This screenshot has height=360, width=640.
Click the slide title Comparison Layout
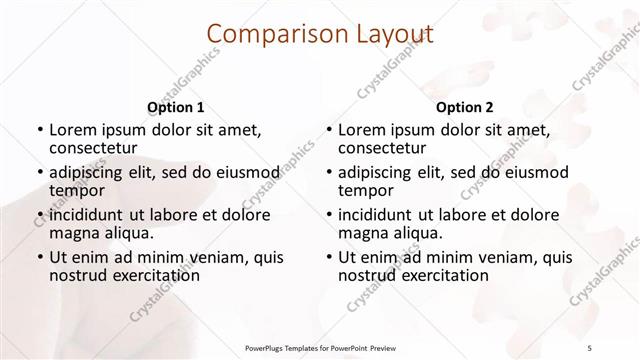tap(320, 35)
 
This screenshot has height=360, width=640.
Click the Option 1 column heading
tap(175, 107)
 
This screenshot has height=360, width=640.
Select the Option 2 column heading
tap(464, 107)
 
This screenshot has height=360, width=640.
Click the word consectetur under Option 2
tap(386, 149)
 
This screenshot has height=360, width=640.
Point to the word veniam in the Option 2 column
tap(495, 257)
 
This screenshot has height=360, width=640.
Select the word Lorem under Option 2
tap(362, 130)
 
